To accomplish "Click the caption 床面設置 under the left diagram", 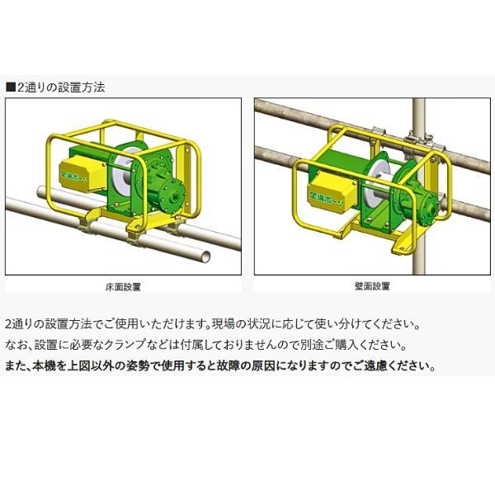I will point(124,285).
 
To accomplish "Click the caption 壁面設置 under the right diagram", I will point(371,285).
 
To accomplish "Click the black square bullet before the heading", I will point(10,86).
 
